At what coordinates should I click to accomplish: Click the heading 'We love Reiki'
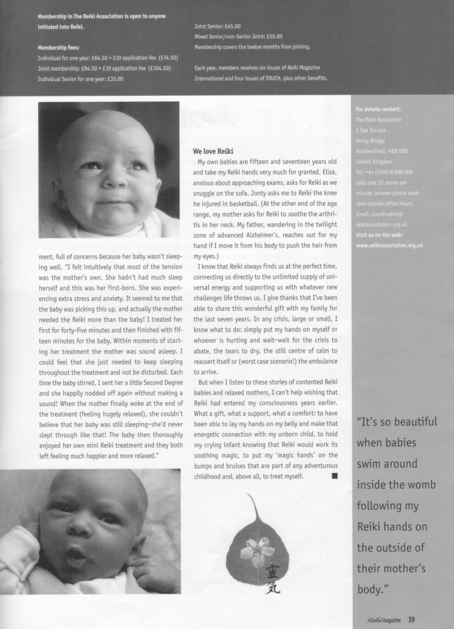point(213,151)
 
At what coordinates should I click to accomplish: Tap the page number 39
point(412,619)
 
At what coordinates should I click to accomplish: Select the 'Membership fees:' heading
point(58,47)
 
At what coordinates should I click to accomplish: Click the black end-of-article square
point(334,475)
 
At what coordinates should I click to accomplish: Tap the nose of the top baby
point(114,180)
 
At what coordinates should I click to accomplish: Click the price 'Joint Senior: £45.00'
point(217,27)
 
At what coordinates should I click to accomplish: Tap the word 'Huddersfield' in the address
point(372,151)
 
